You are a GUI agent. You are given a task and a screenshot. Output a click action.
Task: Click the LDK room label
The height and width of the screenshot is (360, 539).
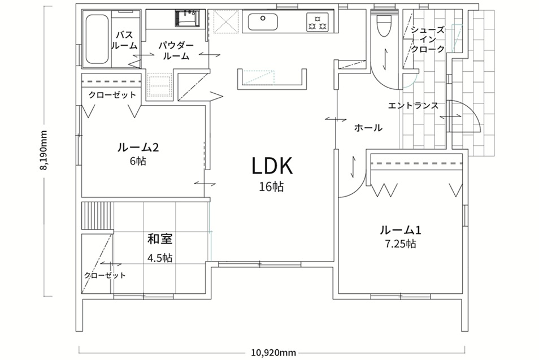272,166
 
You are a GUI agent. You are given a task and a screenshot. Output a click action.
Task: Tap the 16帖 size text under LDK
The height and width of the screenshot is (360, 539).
272,186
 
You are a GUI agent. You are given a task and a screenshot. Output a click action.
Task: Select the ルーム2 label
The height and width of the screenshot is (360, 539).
138,148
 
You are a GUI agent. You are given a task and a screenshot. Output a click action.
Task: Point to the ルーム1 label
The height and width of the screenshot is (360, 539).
401,229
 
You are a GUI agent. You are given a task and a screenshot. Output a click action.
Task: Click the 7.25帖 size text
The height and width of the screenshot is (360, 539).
401,244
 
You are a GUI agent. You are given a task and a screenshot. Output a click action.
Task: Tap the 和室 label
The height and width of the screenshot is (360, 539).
160,239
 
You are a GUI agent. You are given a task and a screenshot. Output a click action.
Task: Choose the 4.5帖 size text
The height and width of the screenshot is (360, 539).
160,258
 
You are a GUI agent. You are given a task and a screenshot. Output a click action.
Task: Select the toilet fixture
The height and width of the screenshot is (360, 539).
384,25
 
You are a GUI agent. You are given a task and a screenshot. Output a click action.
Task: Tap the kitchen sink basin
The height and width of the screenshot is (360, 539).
263,22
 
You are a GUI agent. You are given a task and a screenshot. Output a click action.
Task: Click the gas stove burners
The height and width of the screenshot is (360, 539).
318,22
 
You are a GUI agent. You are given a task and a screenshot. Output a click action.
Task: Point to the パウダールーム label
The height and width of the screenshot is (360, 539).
176,50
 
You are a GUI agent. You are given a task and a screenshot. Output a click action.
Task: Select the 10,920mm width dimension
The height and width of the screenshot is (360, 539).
273,353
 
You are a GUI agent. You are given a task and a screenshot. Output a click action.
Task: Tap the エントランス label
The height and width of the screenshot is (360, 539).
413,106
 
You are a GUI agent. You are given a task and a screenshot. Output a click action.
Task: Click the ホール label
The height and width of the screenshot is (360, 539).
368,128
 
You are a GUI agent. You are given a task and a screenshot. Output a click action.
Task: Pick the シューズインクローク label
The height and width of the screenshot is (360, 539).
428,39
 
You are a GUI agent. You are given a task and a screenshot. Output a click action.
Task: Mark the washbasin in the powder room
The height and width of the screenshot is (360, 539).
187,18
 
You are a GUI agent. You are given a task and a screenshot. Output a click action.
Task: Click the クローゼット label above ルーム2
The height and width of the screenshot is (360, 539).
112,95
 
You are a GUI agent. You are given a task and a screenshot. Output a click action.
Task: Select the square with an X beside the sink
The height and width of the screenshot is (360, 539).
225,21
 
